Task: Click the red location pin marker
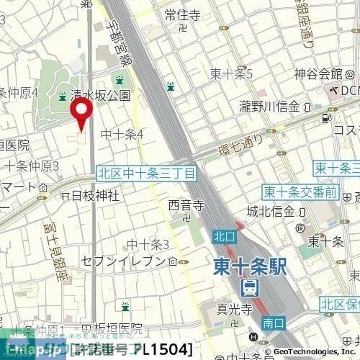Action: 81,114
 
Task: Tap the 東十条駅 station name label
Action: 251,267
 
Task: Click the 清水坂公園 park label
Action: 101,95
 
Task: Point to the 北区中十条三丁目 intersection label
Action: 146,174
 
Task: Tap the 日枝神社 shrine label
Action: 94,195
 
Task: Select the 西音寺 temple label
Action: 186,206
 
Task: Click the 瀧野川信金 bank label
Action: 270,107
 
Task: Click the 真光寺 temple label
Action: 233,310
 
